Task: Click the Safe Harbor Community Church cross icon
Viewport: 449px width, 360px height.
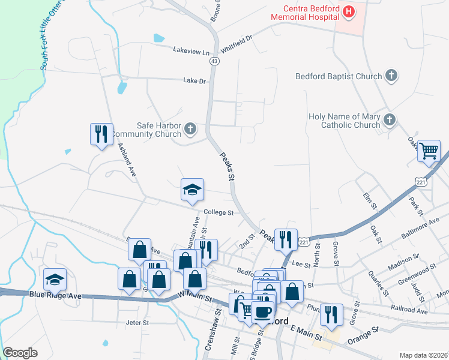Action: click(x=190, y=128)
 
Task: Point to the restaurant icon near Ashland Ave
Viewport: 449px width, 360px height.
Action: click(x=101, y=134)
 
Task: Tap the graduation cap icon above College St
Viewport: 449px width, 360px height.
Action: click(x=192, y=190)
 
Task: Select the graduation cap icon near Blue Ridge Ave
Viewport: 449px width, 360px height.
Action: click(x=55, y=279)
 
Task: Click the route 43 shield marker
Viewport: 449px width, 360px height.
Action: click(x=214, y=61)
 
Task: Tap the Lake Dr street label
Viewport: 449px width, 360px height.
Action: click(x=194, y=80)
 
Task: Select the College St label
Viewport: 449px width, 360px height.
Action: click(x=218, y=212)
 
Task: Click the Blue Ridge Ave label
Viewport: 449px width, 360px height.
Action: click(x=54, y=295)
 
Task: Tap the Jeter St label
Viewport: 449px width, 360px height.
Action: click(x=137, y=323)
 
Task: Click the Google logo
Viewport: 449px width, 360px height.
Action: click(x=20, y=353)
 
